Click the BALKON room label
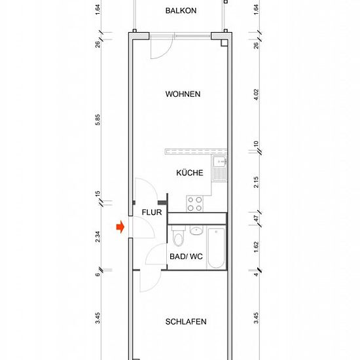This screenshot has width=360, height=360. [x=181, y=10]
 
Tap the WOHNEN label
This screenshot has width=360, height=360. [x=183, y=94]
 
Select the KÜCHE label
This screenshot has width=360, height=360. [x=190, y=173]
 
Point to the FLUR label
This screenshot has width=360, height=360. [x=152, y=212]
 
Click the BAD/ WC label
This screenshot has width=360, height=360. [x=186, y=256]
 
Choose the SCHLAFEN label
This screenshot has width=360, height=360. [x=186, y=321]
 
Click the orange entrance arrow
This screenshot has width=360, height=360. [x=120, y=227]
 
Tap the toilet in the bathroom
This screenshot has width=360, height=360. [x=178, y=236]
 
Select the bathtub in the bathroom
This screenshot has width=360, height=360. [x=216, y=248]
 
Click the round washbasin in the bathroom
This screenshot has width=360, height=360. [x=196, y=230]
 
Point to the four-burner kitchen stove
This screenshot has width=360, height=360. [x=194, y=204]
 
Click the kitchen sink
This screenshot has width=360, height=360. [x=219, y=169]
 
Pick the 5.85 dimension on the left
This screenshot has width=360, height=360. [x=98, y=120]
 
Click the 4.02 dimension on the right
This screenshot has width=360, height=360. [x=256, y=94]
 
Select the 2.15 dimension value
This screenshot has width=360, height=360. [x=256, y=183]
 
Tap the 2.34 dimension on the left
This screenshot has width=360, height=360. [x=98, y=237]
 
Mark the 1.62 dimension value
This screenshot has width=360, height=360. [x=256, y=247]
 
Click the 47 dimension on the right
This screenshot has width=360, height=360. [x=256, y=219]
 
